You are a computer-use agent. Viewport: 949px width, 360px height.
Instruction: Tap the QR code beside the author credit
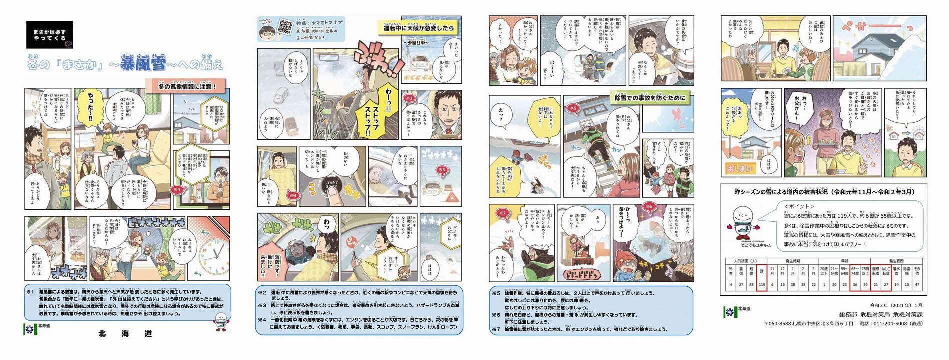286,26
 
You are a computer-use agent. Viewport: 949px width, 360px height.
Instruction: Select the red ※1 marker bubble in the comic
176,190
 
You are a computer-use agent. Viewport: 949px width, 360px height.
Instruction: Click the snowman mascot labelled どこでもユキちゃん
748,228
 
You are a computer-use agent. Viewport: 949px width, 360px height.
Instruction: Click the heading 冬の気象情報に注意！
187,86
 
